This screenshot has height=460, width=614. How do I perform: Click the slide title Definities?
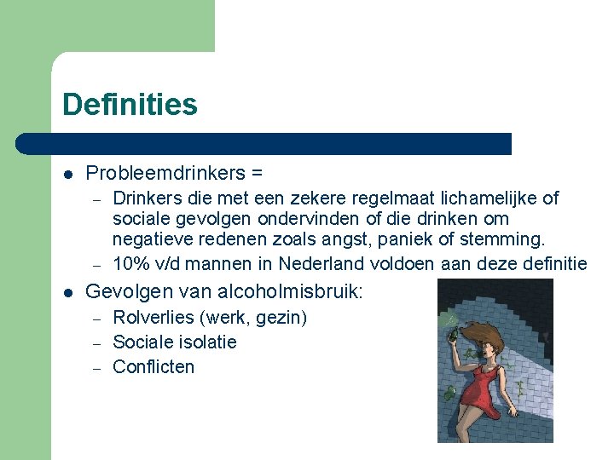130,105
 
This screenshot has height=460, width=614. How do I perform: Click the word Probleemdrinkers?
165,173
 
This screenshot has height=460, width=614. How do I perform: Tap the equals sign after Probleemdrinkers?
257,173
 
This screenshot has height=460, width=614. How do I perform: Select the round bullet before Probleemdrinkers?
67,174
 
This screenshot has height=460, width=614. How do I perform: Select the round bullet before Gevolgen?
67,292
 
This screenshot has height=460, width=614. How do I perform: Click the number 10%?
131,264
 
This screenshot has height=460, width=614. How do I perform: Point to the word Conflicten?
153,367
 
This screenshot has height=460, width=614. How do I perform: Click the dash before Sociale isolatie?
97,343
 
